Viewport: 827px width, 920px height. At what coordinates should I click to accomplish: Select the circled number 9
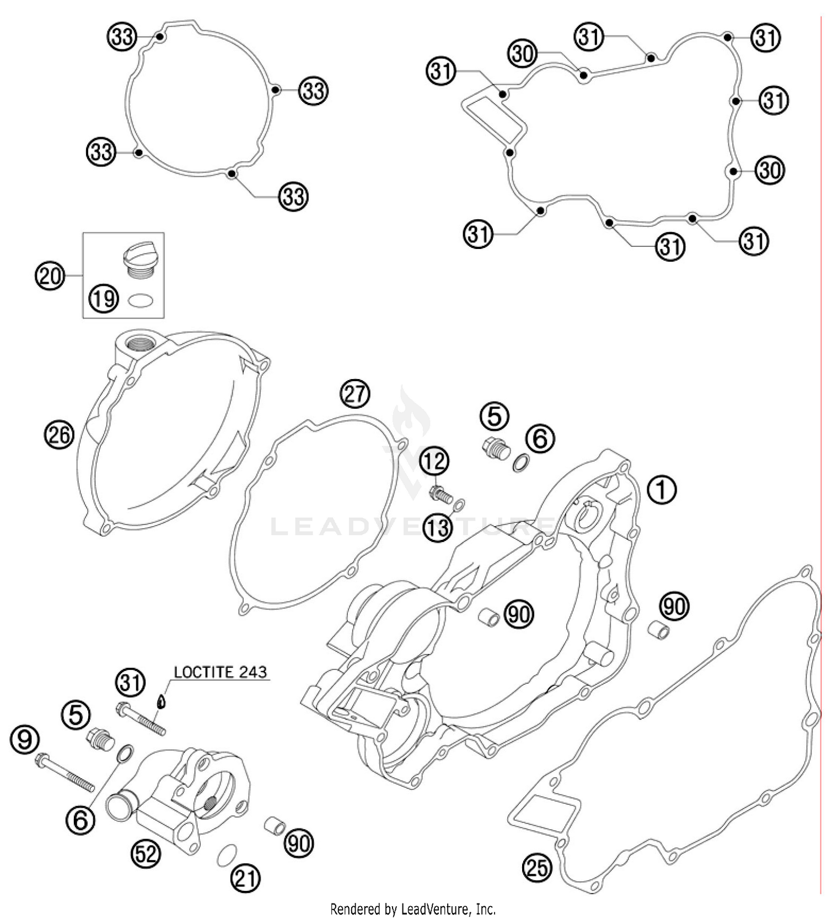[25, 739]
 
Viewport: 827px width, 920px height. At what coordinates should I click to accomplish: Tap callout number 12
[435, 461]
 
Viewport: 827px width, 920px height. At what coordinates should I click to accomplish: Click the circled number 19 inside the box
[104, 299]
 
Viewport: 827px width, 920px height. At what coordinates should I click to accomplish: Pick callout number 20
[50, 274]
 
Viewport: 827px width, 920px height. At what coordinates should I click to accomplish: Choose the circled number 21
[245, 878]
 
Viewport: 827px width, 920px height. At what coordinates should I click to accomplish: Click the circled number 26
[59, 435]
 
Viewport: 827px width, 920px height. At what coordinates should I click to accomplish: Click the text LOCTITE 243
[220, 672]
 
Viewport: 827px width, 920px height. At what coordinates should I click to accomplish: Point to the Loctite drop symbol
[161, 701]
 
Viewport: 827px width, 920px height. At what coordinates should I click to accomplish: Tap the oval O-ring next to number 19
[141, 301]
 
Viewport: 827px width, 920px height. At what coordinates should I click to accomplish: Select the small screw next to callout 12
[441, 494]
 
